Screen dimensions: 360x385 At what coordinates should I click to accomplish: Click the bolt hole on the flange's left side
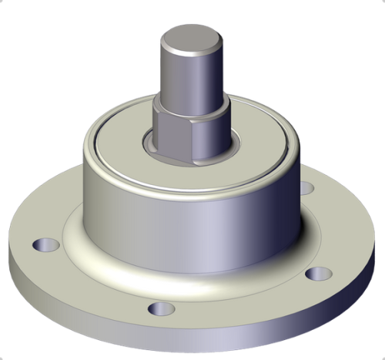pyautogui.click(x=46, y=246)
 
